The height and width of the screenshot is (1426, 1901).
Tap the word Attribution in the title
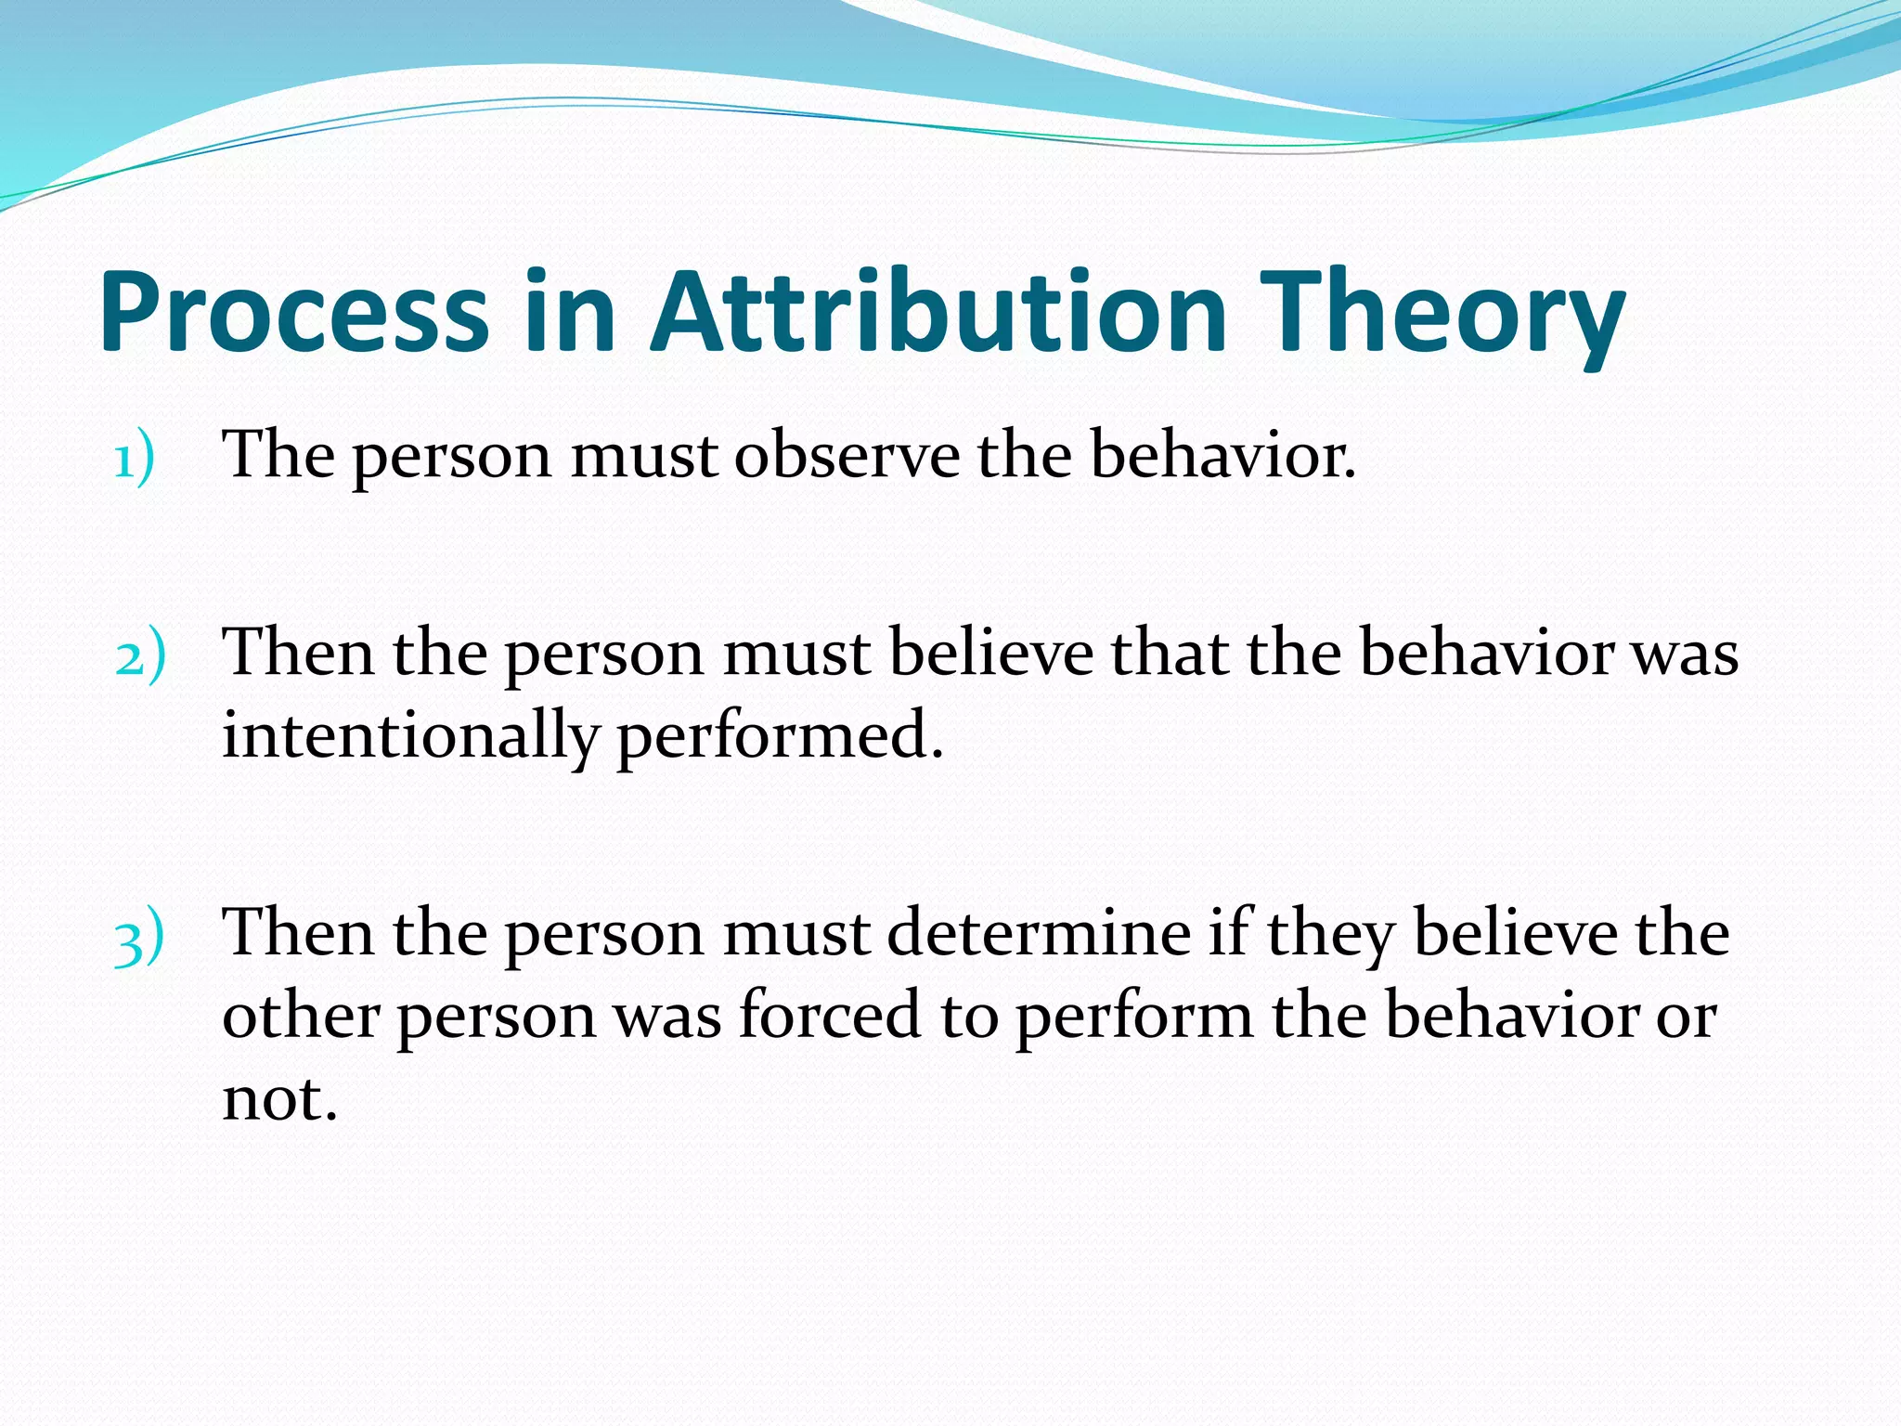(x=938, y=313)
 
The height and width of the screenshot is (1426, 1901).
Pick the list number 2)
(x=140, y=656)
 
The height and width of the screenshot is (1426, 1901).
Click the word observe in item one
(x=847, y=456)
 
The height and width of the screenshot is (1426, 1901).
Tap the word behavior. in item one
(x=1222, y=456)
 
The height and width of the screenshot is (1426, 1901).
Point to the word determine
(x=1039, y=933)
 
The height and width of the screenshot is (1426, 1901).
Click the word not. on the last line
(x=278, y=1099)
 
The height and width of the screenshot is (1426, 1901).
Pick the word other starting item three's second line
(x=301, y=1016)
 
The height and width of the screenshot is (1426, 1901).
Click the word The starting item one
(x=278, y=456)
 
